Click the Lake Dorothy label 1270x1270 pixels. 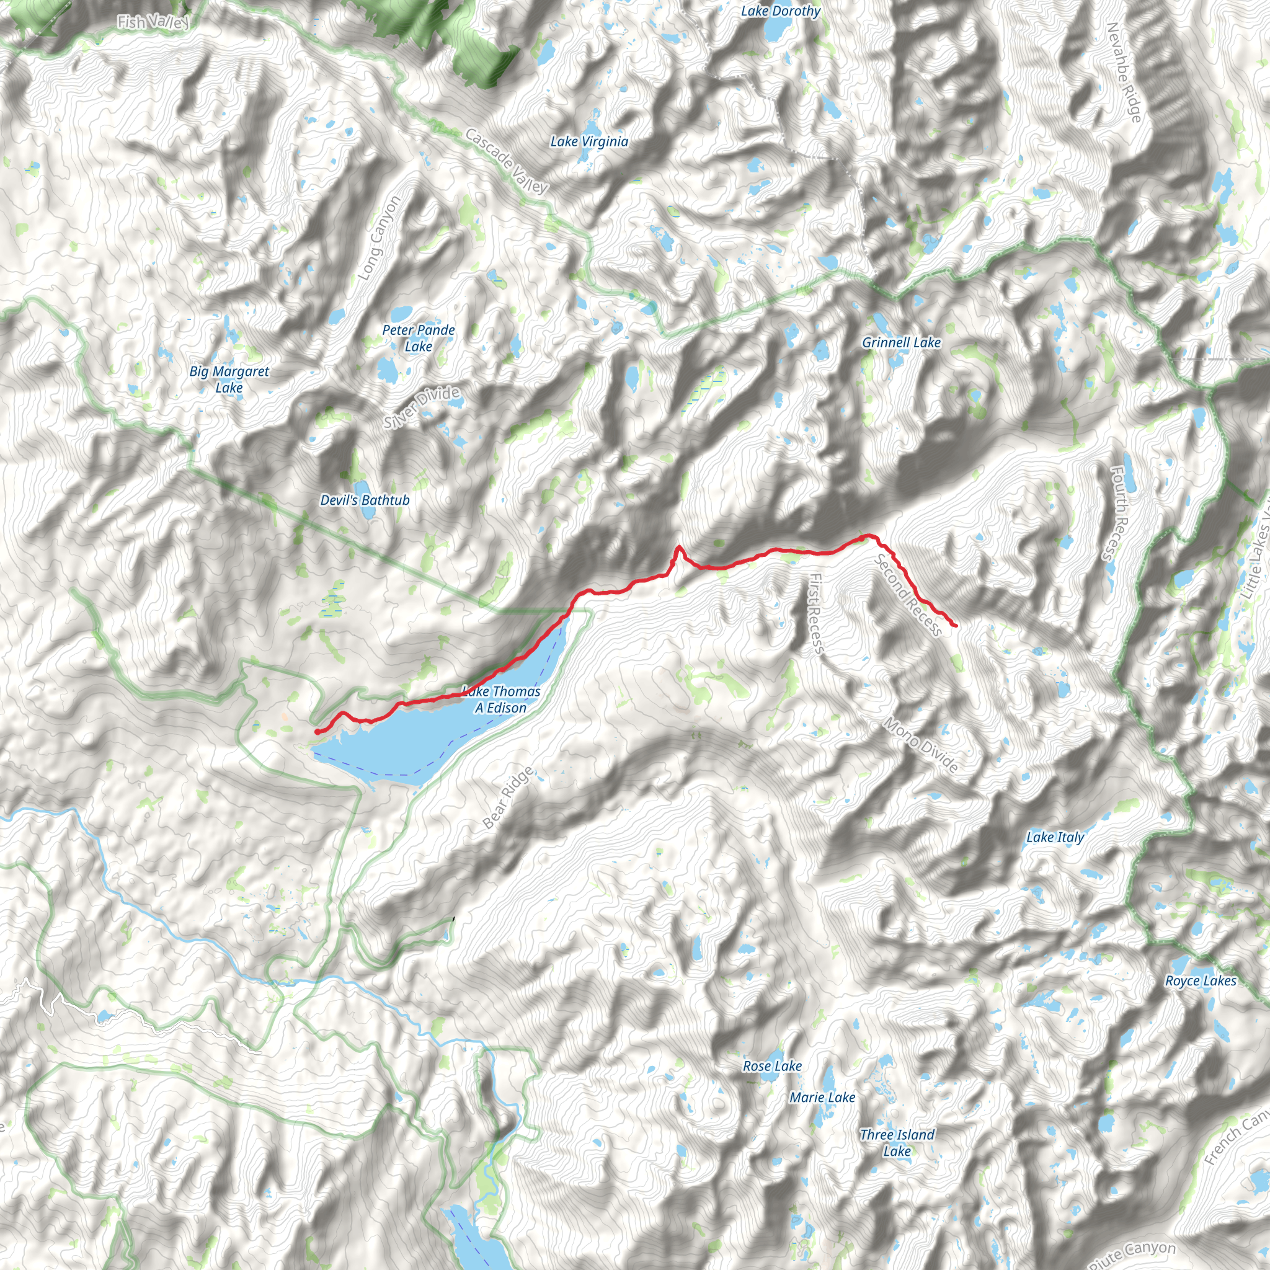point(780,11)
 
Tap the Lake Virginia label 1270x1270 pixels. point(589,141)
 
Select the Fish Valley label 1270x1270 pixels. point(154,22)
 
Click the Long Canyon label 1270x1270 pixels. point(379,238)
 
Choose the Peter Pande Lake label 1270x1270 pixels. point(419,338)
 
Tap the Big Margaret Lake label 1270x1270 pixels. point(229,380)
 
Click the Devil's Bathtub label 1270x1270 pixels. point(365,500)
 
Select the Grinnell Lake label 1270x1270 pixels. point(901,342)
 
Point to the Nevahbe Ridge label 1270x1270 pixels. point(1124,73)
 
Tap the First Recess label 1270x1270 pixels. point(815,613)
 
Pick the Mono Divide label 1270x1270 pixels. point(920,744)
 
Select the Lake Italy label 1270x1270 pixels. point(1055,837)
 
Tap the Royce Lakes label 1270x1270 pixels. point(1201,981)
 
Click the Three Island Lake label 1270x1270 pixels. point(897,1142)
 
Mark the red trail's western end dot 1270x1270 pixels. point(317,732)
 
